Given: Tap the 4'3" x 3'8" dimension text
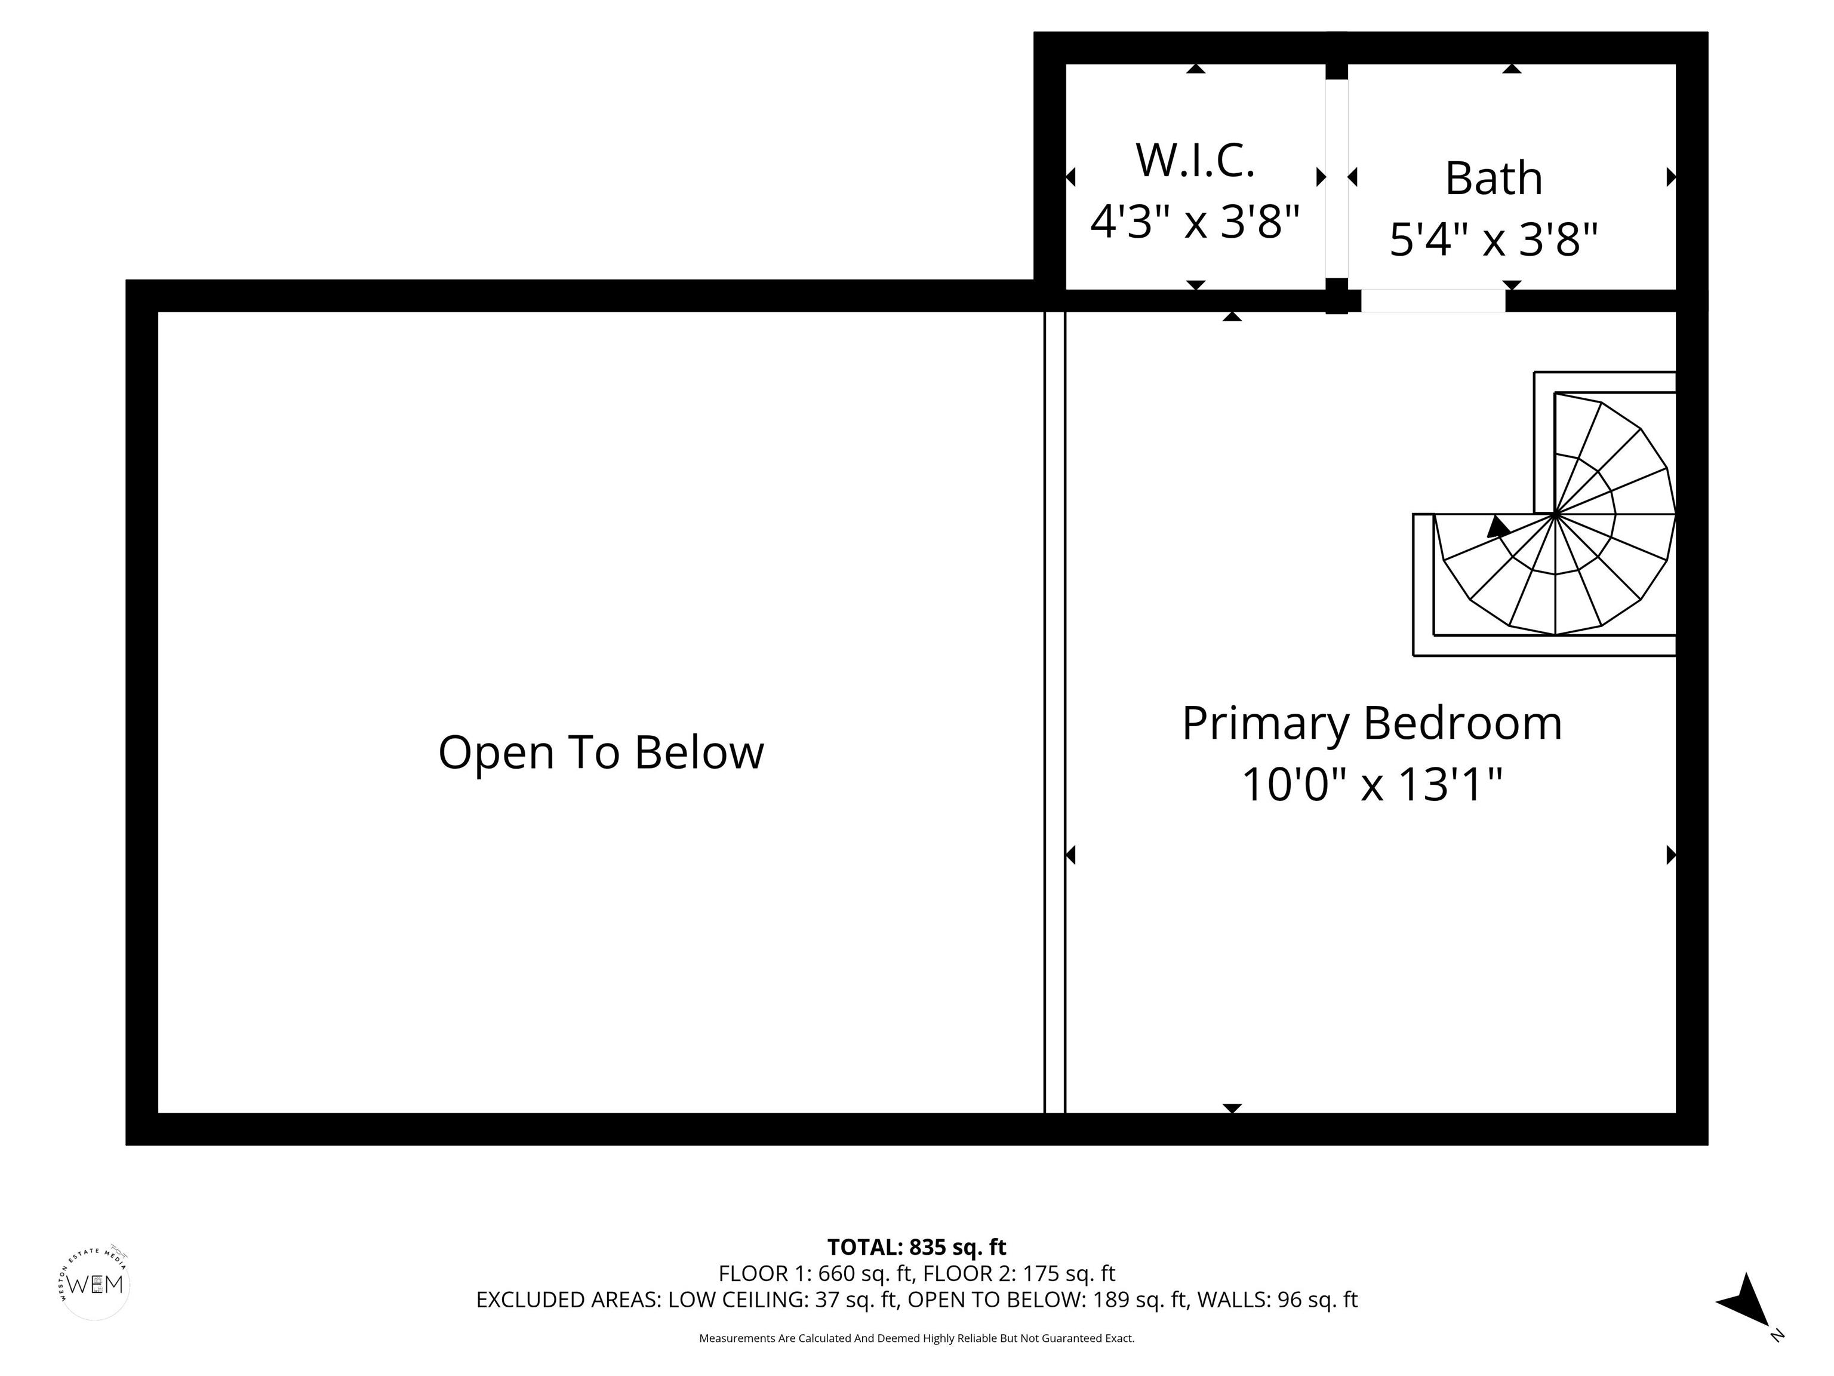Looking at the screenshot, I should (1195, 222).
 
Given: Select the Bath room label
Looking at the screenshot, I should (1493, 179).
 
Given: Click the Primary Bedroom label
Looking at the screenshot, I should (1371, 723).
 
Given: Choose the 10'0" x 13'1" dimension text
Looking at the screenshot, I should (1371, 785).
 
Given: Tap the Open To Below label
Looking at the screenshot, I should (600, 752).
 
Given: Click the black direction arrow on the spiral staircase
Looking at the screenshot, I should (1497, 527).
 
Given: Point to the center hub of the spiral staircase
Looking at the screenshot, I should (1555, 514).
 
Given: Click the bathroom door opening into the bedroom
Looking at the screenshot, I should (1433, 300).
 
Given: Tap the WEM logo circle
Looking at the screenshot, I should (96, 1285).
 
